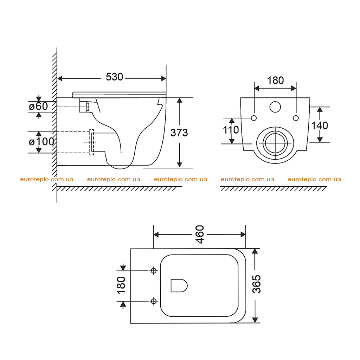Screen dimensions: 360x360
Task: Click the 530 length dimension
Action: pyautogui.click(x=114, y=77)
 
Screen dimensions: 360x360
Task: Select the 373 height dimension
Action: pyautogui.click(x=179, y=133)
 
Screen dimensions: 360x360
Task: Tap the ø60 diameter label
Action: pyautogui.click(x=38, y=106)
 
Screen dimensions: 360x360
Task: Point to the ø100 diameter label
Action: pyautogui.click(x=41, y=142)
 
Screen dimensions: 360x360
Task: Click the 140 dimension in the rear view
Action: pyautogui.click(x=320, y=126)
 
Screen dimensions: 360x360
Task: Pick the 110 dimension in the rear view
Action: pyautogui.click(x=231, y=130)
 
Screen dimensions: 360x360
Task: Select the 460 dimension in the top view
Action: pyautogui.click(x=200, y=234)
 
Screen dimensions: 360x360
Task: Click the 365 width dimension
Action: pyautogui.click(x=257, y=284)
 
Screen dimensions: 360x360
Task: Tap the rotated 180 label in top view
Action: pyautogui.click(x=121, y=285)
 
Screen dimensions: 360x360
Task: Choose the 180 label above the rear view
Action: pyautogui.click(x=275, y=81)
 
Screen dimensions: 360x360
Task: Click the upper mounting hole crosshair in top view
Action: pyautogui.click(x=154, y=271)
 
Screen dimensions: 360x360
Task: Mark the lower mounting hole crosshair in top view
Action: pyautogui.click(x=154, y=301)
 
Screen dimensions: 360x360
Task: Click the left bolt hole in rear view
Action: pyautogui.click(x=254, y=118)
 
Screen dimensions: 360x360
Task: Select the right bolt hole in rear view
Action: pyautogui.click(x=296, y=118)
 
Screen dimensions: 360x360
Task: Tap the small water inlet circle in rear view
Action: pyautogui.click(x=275, y=107)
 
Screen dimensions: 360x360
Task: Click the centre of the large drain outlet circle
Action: pyautogui.click(x=275, y=143)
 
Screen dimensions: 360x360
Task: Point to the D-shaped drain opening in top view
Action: pyautogui.click(x=179, y=285)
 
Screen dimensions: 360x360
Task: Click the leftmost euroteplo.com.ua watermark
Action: pyautogui.click(x=47, y=179)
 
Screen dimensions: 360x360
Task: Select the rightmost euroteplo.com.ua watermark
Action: pyautogui.click(x=314, y=179)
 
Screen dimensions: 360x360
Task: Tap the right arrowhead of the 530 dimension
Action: pyautogui.click(x=164, y=78)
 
